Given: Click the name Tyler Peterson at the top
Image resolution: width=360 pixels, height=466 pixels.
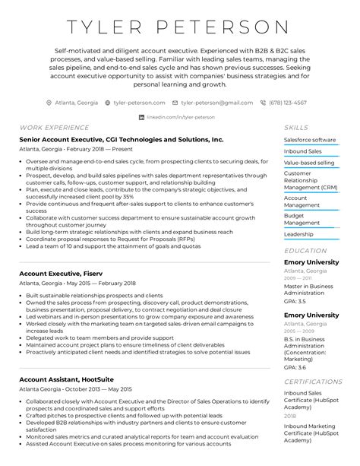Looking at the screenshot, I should tap(180, 27).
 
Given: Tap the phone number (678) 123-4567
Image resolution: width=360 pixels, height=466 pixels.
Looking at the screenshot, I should tap(288, 102).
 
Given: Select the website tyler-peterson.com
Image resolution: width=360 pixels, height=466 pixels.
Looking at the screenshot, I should tap(139, 102).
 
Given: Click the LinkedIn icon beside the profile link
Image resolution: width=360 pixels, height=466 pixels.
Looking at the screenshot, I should tap(141, 117).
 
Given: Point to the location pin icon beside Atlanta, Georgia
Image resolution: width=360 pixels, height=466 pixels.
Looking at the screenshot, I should tap(49, 102).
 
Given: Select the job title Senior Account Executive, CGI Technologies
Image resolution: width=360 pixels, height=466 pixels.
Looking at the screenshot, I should tap(122, 140).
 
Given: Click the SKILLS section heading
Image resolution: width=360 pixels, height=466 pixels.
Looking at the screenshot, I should tap(296, 128).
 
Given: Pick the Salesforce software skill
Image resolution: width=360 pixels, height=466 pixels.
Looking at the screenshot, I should tap(309, 140).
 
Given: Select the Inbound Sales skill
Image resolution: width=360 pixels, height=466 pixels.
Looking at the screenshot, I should tap(302, 151).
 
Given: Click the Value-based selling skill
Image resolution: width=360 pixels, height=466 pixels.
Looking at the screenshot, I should tap(308, 163).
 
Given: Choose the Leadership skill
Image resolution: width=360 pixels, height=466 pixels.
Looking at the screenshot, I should tap(298, 234).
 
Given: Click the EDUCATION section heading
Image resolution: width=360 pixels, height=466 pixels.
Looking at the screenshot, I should tap(305, 250).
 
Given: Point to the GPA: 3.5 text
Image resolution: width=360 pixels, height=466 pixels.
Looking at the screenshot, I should tap(295, 302).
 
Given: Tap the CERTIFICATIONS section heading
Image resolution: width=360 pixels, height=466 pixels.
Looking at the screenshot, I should tap(313, 382).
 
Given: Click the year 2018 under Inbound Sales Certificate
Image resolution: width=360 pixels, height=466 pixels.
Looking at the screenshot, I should tap(290, 417).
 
